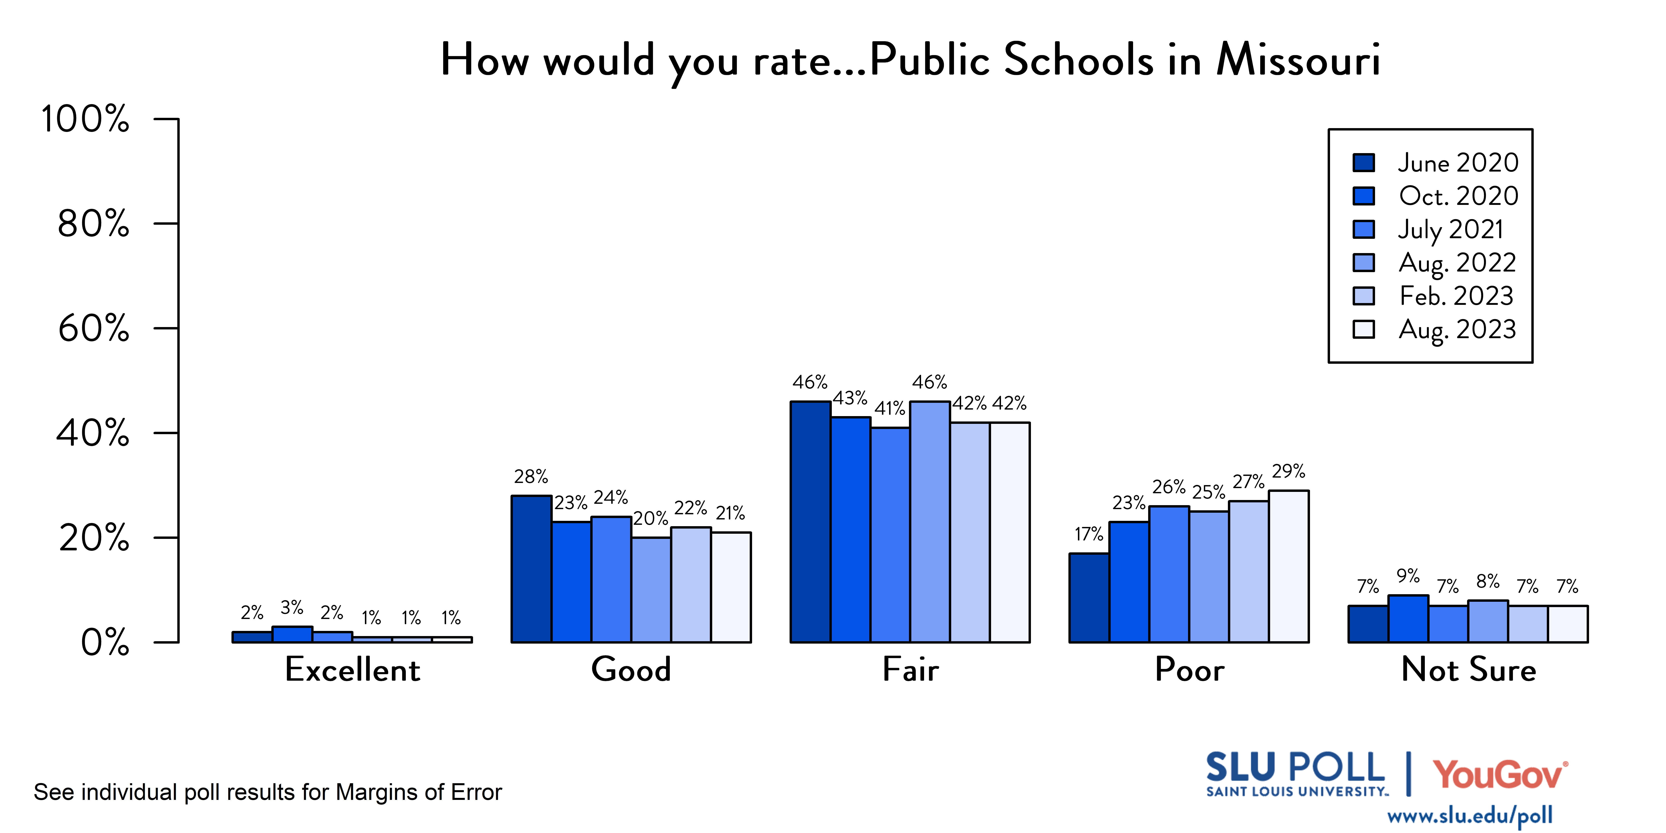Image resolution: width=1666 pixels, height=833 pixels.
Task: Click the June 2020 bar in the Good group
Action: coord(531,569)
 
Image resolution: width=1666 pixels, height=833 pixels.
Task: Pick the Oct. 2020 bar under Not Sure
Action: coord(1408,619)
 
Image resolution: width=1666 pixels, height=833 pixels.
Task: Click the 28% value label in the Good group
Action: coord(531,477)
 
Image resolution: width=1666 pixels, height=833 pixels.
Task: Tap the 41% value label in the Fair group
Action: coord(890,409)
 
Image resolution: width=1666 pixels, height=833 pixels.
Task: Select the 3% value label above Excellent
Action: coord(292,607)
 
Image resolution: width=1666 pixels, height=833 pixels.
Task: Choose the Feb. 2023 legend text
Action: coord(1456,296)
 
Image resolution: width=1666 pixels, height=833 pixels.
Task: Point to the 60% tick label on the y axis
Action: coord(94,329)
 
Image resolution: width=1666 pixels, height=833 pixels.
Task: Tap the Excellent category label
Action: coord(352,669)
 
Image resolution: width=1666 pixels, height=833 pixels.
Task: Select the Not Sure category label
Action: coord(1468,669)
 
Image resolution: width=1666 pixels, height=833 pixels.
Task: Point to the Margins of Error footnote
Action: coord(268,792)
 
